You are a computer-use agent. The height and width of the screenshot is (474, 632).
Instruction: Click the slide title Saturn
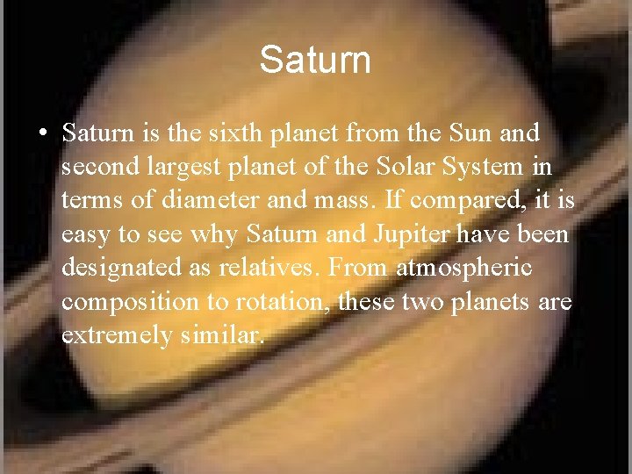[x=315, y=61]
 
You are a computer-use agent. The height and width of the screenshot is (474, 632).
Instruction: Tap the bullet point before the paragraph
[x=43, y=133]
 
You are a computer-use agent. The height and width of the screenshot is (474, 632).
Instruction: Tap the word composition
[x=118, y=302]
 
